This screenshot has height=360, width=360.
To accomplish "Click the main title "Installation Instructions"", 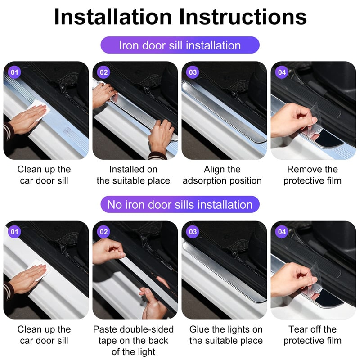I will pyautogui.click(x=180, y=17).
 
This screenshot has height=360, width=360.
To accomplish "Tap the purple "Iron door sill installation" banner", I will pyautogui.click(x=180, y=45).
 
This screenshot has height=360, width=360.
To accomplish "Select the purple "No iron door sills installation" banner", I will pyautogui.click(x=180, y=205).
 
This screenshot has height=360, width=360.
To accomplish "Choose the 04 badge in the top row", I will pyautogui.click(x=282, y=72).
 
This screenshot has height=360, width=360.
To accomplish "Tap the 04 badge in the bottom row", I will pyautogui.click(x=282, y=232).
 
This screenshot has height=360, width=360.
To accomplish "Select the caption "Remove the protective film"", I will pyautogui.click(x=312, y=175).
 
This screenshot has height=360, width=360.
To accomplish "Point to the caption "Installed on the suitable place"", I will pyautogui.click(x=134, y=175).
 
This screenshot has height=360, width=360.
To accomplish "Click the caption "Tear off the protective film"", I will pyautogui.click(x=312, y=335).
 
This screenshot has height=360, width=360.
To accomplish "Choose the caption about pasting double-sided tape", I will pyautogui.click(x=134, y=340).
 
